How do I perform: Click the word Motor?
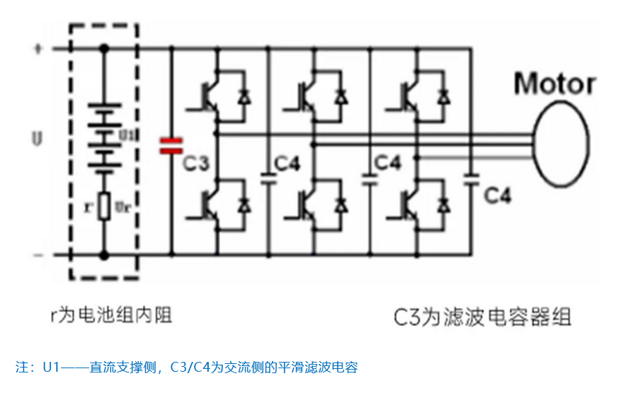[x=554, y=84]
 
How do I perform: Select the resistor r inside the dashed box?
[x=104, y=206]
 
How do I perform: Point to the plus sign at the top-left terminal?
[x=38, y=50]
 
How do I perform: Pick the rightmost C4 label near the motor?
[x=498, y=196]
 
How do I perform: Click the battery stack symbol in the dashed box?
[x=104, y=138]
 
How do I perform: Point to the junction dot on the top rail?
[x=104, y=49]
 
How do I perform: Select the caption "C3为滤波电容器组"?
[x=482, y=316]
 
